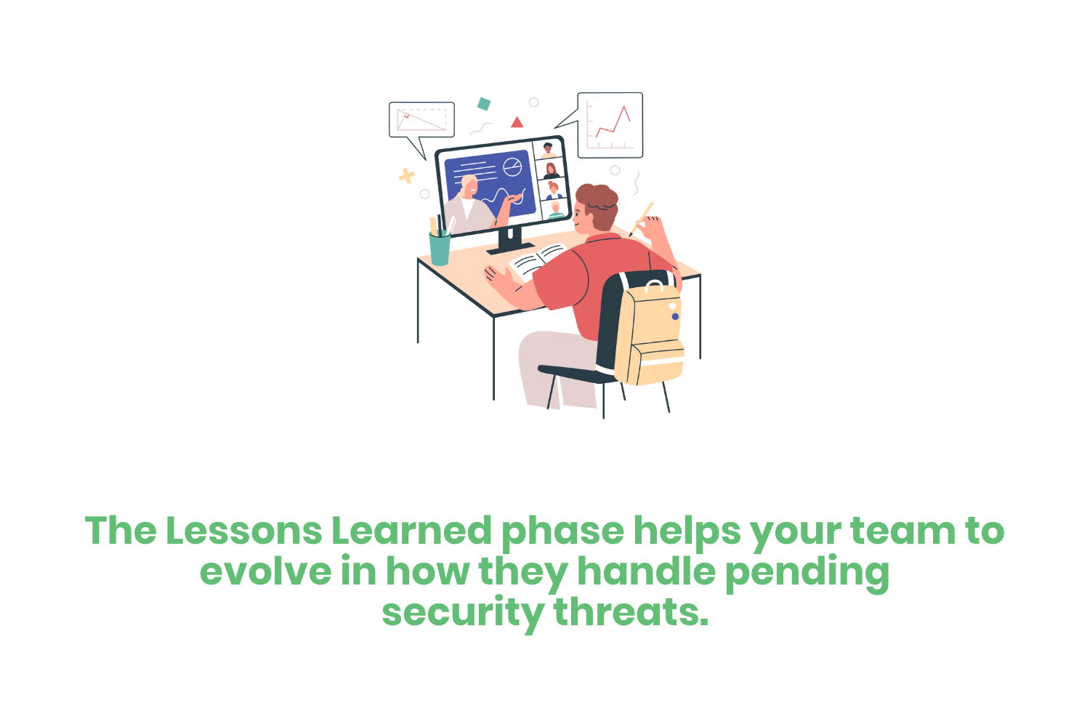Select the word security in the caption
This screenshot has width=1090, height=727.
click(x=462, y=612)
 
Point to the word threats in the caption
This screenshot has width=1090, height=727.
click(x=631, y=612)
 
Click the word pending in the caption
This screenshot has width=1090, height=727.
click(x=807, y=573)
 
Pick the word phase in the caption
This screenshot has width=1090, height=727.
click(x=562, y=532)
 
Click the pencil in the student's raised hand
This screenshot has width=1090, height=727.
click(x=643, y=217)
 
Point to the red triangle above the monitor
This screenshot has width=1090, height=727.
click(x=517, y=122)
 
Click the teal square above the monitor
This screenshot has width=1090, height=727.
click(x=483, y=104)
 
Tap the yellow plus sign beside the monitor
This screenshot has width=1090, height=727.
click(x=407, y=176)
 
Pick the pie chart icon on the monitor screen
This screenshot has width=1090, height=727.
click(x=513, y=167)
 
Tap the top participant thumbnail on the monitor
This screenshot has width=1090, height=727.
click(x=549, y=150)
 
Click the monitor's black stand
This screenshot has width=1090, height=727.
click(x=510, y=241)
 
